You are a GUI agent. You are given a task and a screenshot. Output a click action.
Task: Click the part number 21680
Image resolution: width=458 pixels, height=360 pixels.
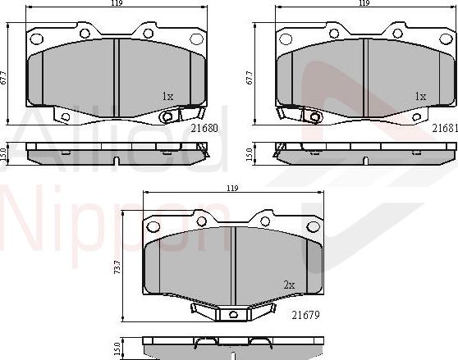click(204, 129)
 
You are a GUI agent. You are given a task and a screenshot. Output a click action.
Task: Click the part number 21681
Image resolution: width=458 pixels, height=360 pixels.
click(444, 129)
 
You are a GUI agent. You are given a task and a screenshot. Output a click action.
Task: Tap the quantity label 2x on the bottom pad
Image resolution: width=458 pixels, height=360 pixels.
click(289, 285)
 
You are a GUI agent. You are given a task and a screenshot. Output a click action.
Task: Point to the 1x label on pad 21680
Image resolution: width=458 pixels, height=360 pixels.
click(168, 96)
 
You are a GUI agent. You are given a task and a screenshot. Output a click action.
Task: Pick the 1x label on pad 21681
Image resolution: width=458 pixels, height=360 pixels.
click(420, 96)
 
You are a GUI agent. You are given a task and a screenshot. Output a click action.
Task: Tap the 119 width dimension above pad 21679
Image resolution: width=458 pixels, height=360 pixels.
click(232, 189)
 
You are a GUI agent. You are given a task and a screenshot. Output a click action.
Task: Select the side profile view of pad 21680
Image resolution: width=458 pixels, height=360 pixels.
click(116, 153)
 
